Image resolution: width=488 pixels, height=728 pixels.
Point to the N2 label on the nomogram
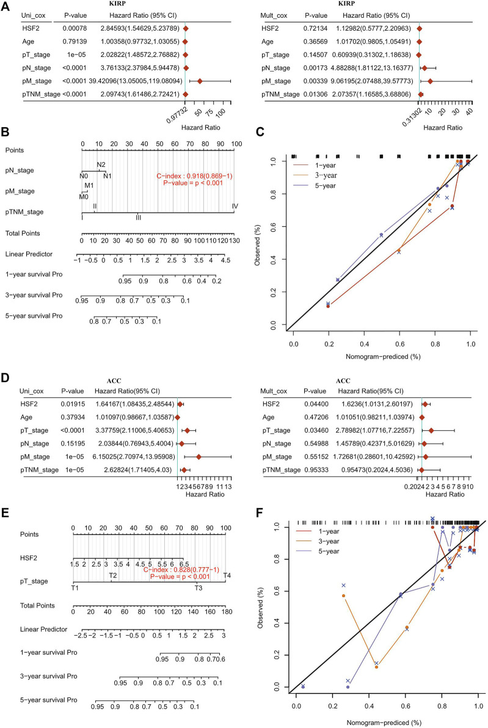point(101,164)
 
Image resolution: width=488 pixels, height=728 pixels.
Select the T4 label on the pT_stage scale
point(227,575)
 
